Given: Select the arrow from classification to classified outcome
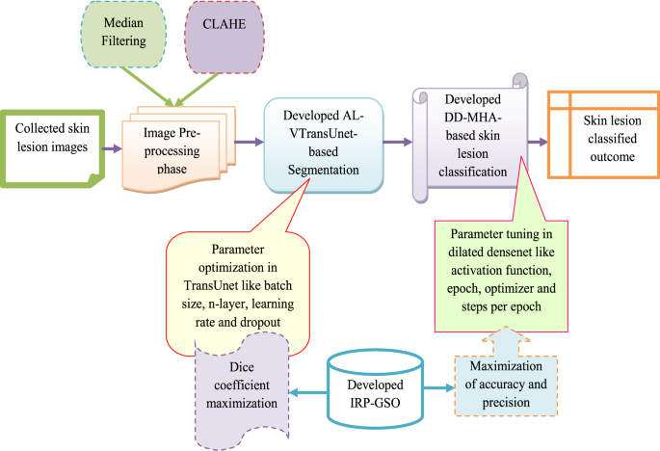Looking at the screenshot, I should coord(534,141).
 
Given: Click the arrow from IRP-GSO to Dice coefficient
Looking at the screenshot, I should coord(307,390).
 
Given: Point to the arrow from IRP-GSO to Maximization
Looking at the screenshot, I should coord(437,389).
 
